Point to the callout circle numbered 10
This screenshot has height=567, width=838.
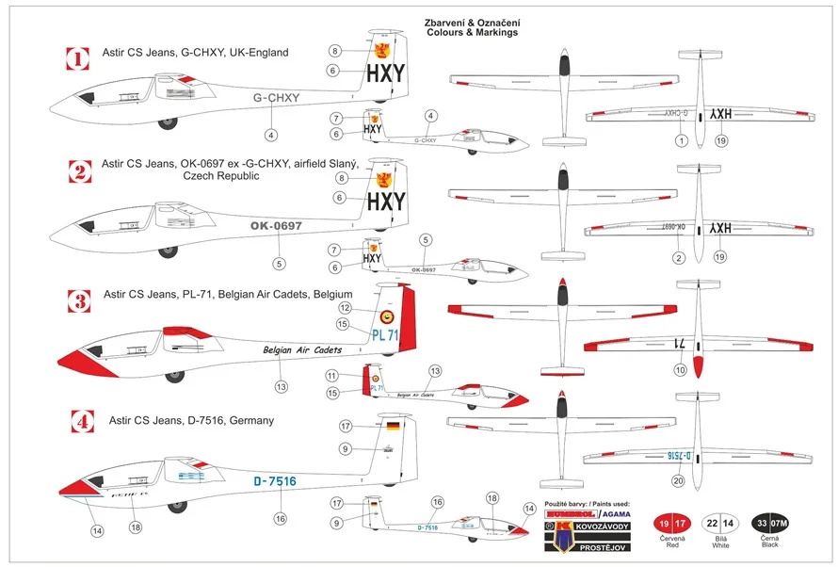pos(681,371)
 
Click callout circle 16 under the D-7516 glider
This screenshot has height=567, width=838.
pos(280,518)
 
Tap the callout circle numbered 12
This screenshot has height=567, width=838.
pos(346,308)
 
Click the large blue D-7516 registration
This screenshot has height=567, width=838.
pos(275,481)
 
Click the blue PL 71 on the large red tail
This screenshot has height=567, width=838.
pos(385,334)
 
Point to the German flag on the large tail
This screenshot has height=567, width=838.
pos(392,427)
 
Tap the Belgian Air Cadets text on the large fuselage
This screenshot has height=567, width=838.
pos(302,349)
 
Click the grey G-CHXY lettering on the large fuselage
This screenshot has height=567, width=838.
pos(277,98)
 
